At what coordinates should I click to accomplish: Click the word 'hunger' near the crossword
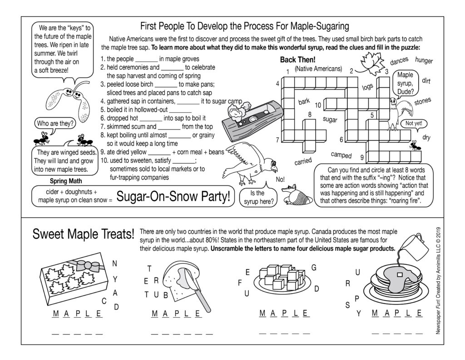(424, 61)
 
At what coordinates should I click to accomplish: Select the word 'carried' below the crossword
(303, 161)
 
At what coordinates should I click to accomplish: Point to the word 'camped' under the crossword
(341, 155)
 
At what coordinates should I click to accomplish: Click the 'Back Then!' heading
(297, 60)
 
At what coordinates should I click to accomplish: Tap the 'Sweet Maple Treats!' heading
(84, 235)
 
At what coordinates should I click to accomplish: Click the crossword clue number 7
(277, 140)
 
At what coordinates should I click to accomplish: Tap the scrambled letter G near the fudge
(313, 267)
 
